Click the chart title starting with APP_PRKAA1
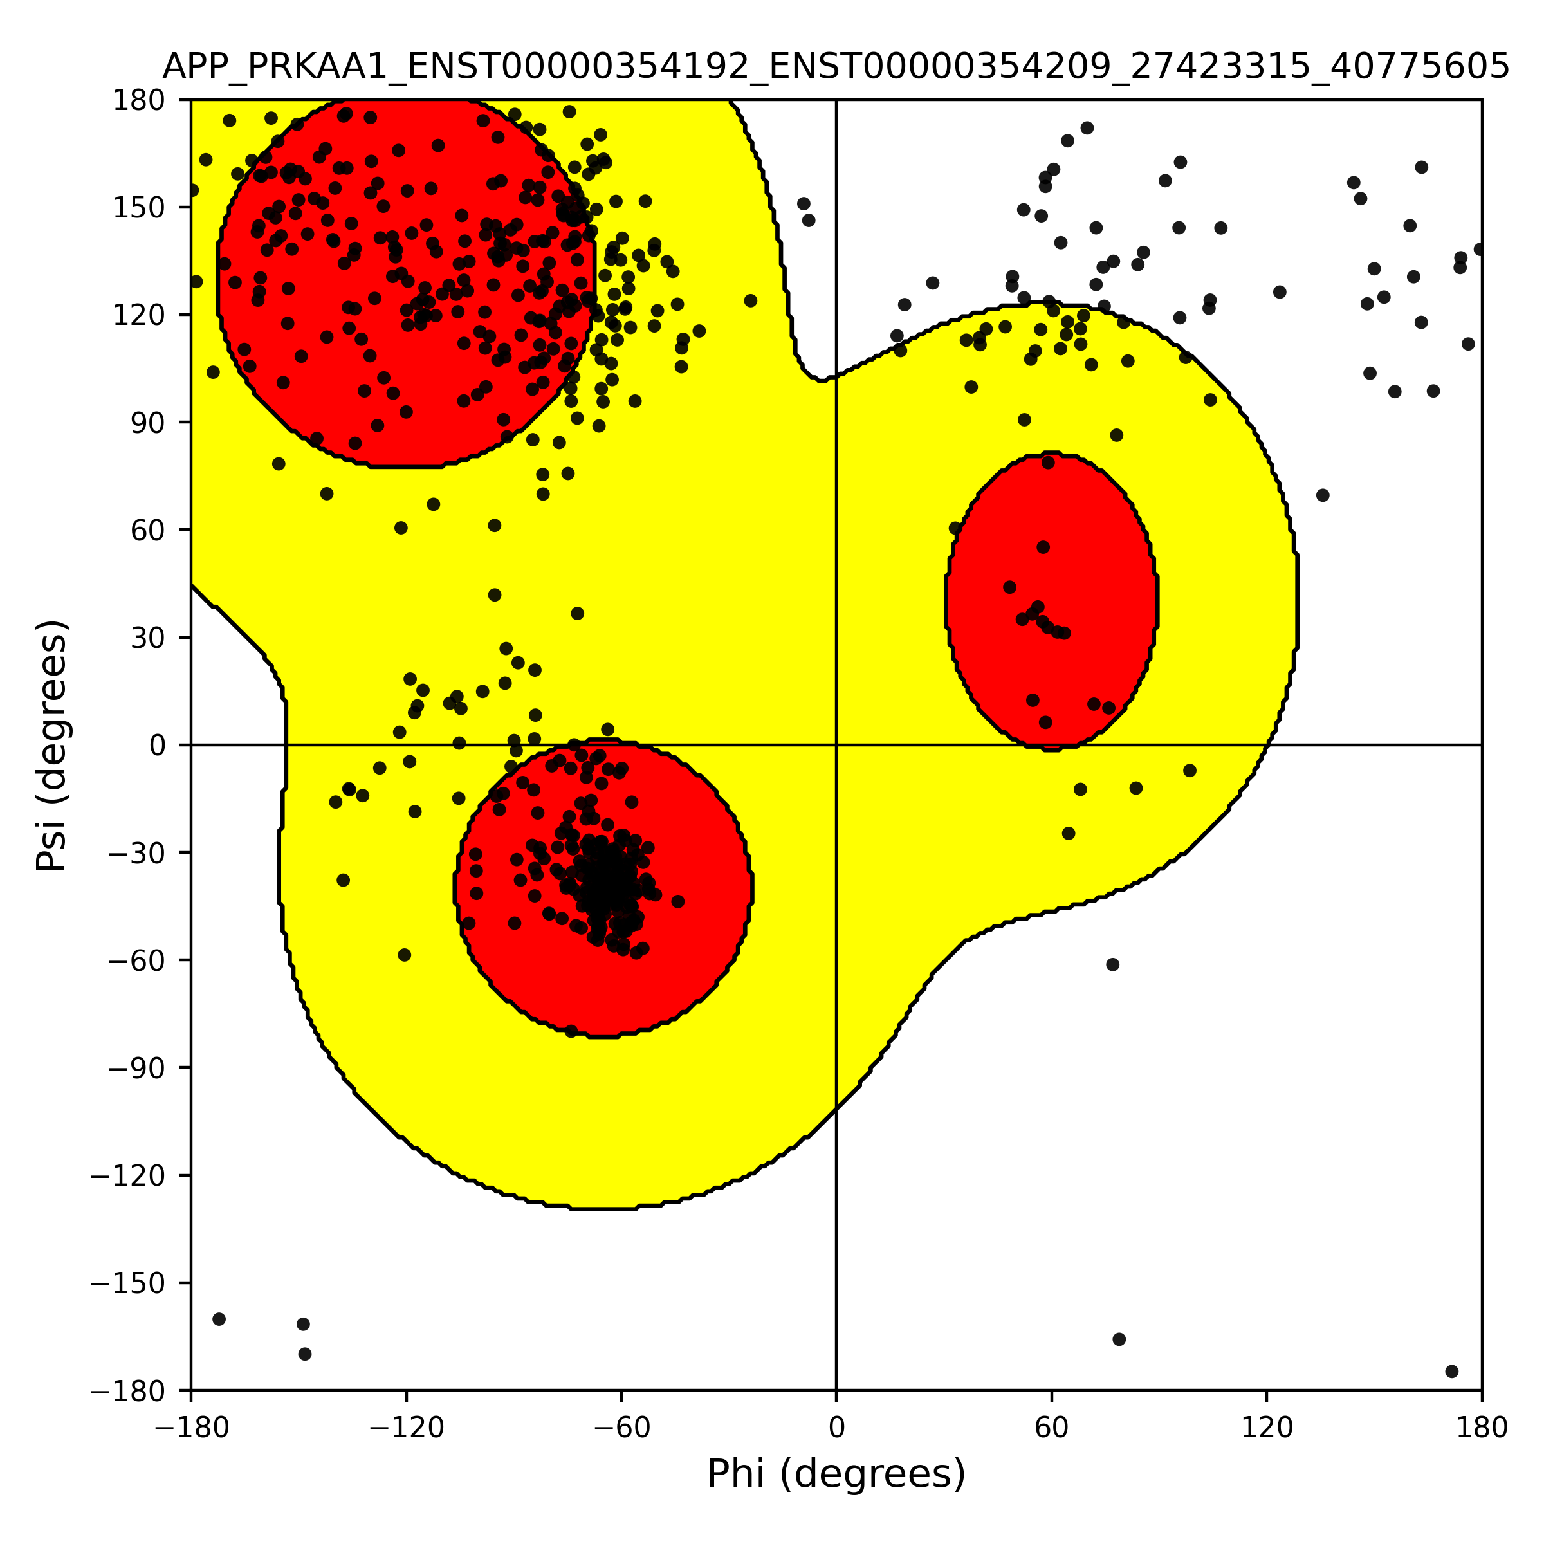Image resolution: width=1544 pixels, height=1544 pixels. [836, 67]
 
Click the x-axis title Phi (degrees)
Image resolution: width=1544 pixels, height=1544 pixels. [836, 1475]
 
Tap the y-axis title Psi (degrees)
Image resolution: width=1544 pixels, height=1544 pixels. [52, 745]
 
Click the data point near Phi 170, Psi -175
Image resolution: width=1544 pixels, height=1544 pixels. [1452, 1372]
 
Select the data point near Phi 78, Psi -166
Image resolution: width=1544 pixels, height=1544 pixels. [1119, 1339]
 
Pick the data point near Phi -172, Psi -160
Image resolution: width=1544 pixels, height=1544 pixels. [219, 1319]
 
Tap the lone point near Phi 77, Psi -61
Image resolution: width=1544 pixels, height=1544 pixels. [1112, 964]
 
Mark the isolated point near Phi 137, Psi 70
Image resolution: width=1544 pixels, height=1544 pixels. [1323, 495]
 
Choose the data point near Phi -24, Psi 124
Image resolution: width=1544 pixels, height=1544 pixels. [750, 300]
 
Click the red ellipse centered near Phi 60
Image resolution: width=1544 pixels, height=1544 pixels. [1052, 601]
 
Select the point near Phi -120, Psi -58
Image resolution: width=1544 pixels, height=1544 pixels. [405, 955]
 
